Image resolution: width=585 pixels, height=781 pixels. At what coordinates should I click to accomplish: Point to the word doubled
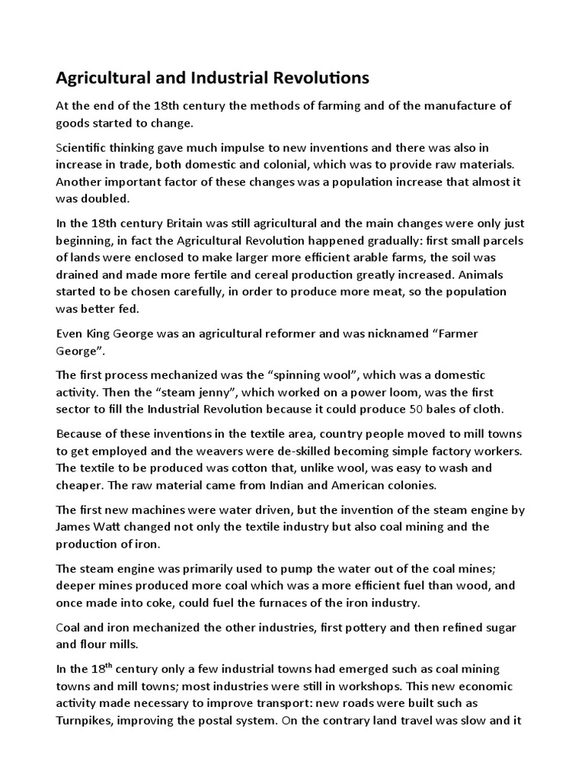pos(106,198)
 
